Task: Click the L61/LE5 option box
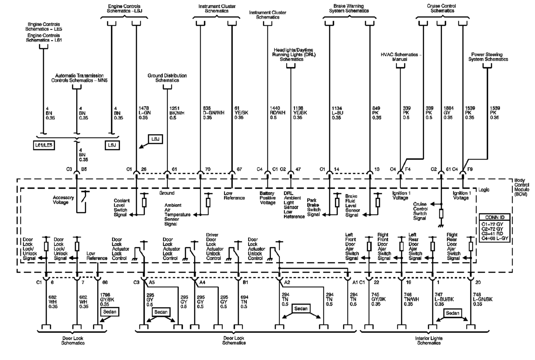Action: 44,145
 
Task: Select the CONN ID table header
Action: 495,217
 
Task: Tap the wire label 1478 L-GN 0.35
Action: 145,113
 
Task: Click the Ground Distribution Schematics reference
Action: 167,78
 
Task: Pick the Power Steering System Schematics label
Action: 488,57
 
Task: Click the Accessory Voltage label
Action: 64,200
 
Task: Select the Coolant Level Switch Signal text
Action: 122,208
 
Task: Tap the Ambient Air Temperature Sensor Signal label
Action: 177,215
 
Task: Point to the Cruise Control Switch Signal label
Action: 420,211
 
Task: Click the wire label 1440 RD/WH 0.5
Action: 278,113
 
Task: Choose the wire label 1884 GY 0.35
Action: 448,113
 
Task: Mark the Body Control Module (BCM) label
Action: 522,188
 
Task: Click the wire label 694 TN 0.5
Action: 244,302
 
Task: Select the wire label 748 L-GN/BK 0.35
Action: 483,299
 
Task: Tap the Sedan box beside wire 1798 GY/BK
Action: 110,312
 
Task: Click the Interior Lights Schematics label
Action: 429,341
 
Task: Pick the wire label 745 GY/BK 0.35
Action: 379,299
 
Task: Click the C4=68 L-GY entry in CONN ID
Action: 495,238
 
